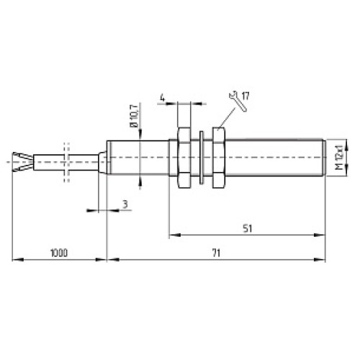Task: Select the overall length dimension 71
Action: click(x=216, y=253)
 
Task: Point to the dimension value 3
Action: click(x=125, y=205)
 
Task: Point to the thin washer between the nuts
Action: click(x=202, y=158)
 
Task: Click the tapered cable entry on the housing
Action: click(x=102, y=158)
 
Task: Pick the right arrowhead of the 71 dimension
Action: click(x=322, y=260)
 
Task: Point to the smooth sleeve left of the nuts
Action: click(x=137, y=158)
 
